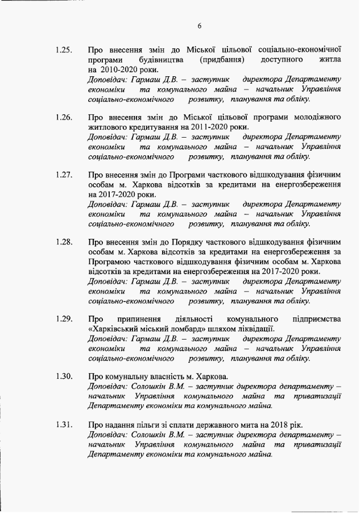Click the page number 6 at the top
click(x=200, y=26)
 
